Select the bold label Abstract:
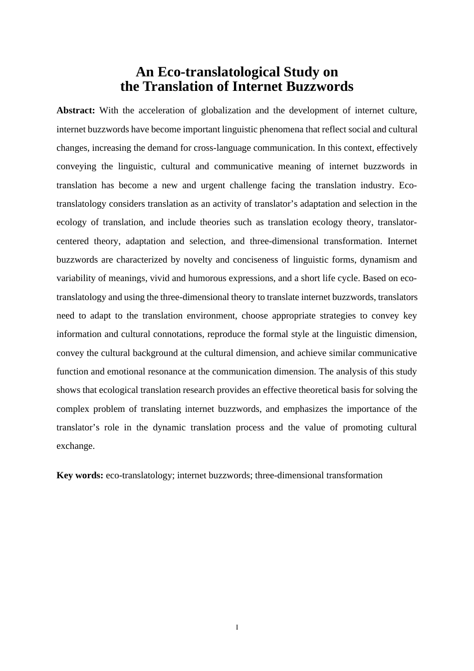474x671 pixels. [x=76, y=110]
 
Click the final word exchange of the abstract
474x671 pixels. [x=75, y=446]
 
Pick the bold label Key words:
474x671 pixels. [x=80, y=475]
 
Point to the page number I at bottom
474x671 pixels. [x=237, y=627]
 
